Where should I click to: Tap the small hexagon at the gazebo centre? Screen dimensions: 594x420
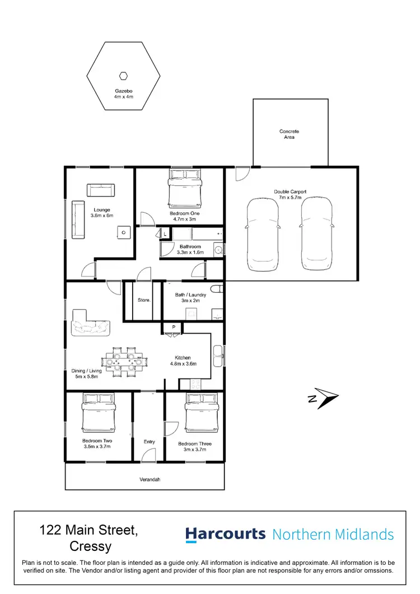pos(123,76)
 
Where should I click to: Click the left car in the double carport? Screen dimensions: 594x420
pos(263,233)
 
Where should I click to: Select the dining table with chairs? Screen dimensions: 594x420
pos(123,362)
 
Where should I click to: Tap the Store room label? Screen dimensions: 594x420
pos(144,301)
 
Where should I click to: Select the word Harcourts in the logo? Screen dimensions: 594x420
pos(225,534)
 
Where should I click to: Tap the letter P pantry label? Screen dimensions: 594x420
pos(174,326)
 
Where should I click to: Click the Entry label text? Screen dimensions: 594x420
pos(149,442)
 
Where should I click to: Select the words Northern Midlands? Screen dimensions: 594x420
pos(333,535)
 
